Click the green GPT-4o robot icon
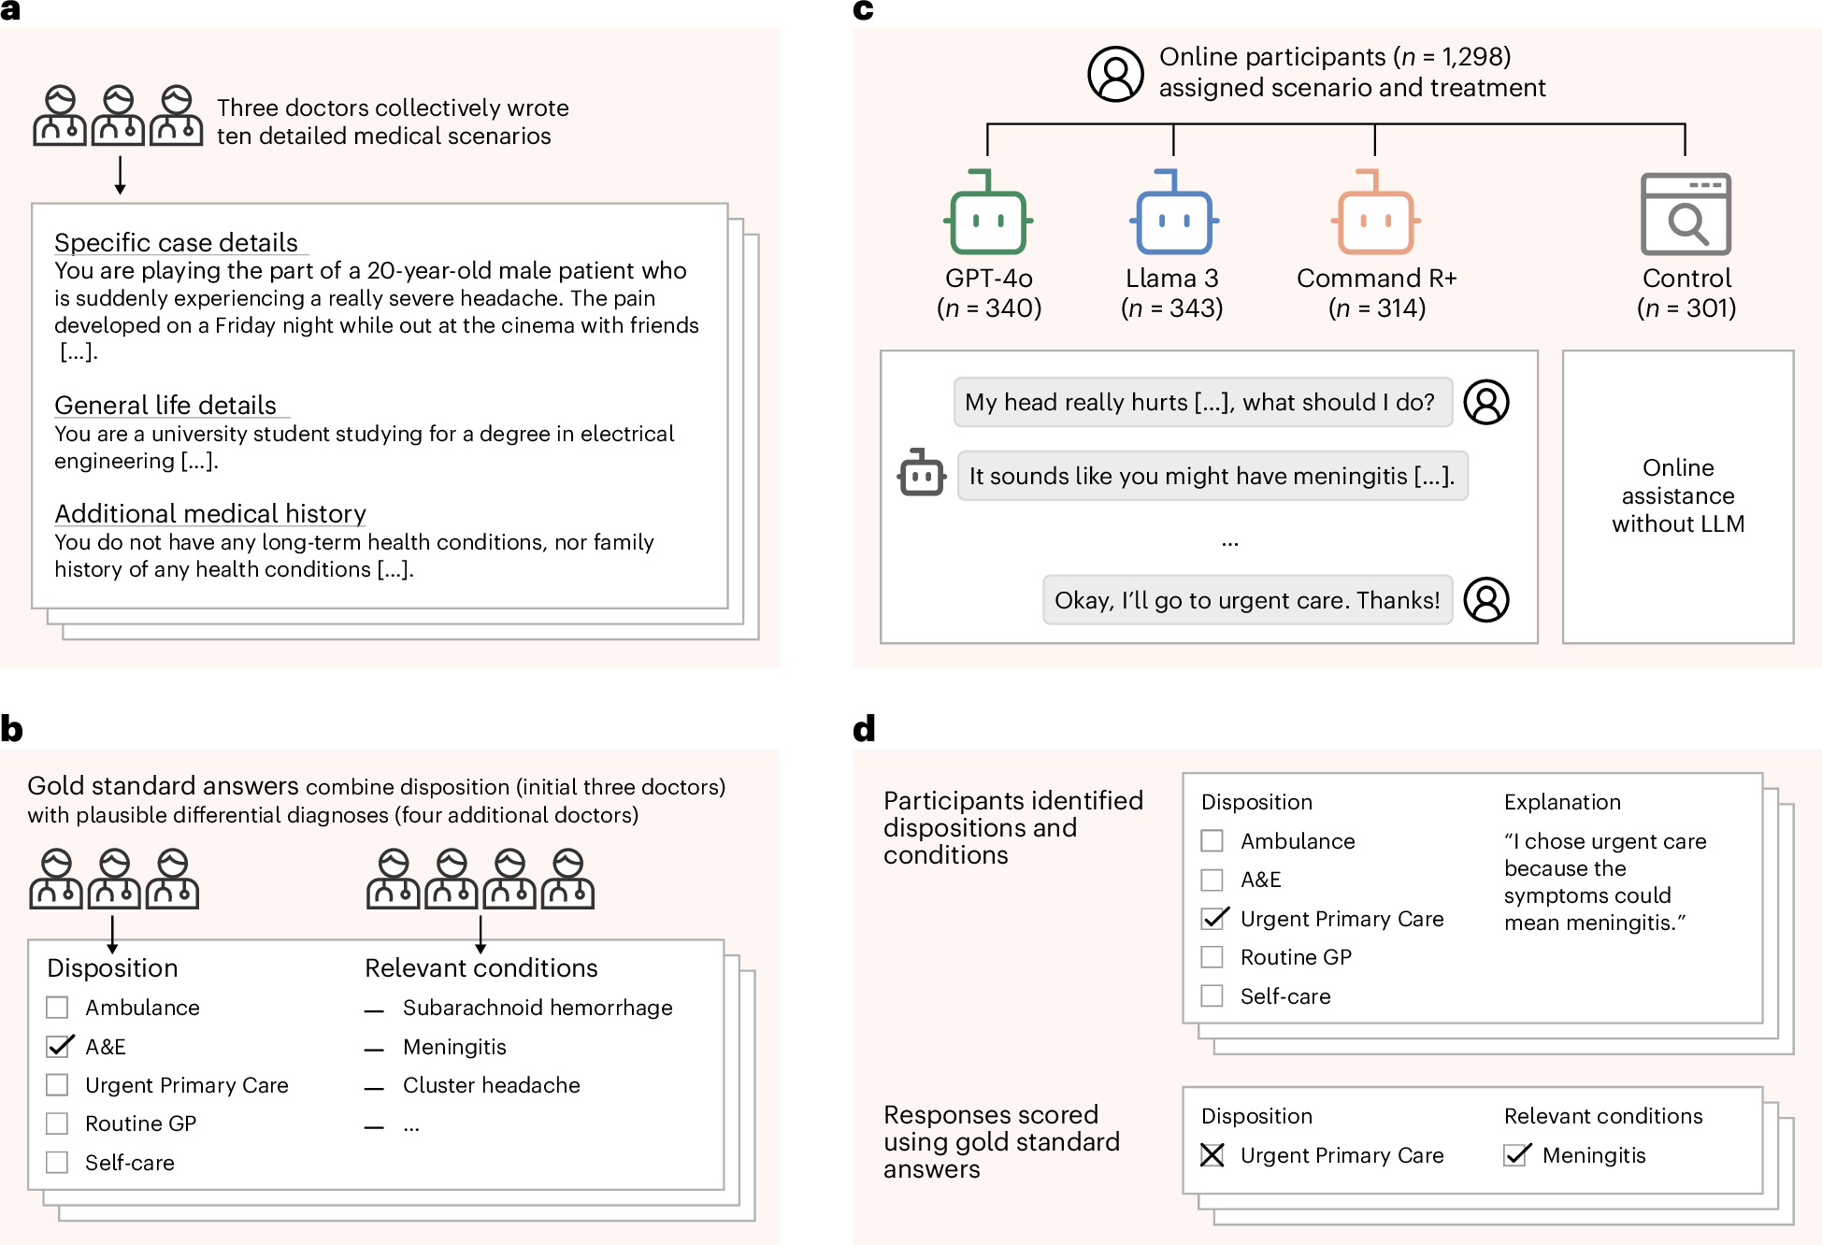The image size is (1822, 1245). (x=988, y=215)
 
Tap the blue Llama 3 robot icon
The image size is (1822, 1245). (x=1173, y=215)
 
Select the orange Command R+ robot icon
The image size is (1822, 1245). (x=1375, y=215)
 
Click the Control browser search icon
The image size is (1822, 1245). (x=1686, y=215)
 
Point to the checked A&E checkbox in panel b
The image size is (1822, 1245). (x=59, y=1046)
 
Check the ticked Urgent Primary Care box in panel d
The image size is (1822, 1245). (x=1213, y=918)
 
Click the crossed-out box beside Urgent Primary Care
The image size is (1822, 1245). (x=1212, y=1155)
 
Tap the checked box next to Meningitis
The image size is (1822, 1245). (x=1516, y=1155)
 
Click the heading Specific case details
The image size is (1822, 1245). (x=176, y=243)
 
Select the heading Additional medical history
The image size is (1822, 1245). (x=209, y=514)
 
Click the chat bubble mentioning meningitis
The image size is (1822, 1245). (x=1212, y=476)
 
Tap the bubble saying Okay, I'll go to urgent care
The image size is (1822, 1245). (x=1247, y=600)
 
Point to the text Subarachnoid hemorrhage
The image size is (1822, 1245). (x=537, y=1008)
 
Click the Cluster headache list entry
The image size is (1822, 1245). (x=491, y=1085)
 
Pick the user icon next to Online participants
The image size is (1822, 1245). (x=1115, y=74)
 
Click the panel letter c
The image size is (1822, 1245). (x=863, y=10)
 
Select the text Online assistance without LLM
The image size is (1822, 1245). (x=1678, y=495)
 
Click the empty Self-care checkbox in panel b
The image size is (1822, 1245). (x=57, y=1162)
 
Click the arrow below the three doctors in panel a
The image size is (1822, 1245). (x=120, y=176)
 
